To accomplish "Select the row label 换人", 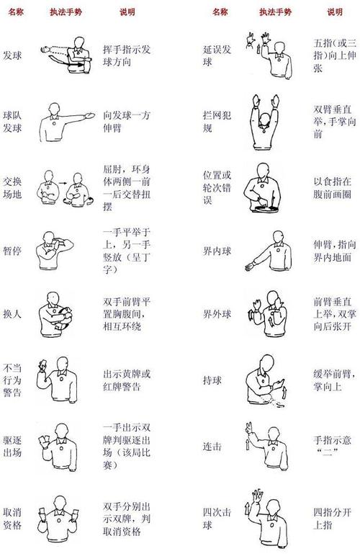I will (x=12, y=315).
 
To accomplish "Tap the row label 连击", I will (x=212, y=447).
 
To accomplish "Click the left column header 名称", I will (x=16, y=12).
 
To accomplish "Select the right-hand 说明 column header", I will (x=335, y=12).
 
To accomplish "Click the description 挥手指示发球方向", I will (x=129, y=52).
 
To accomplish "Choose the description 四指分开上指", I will (x=333, y=519).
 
